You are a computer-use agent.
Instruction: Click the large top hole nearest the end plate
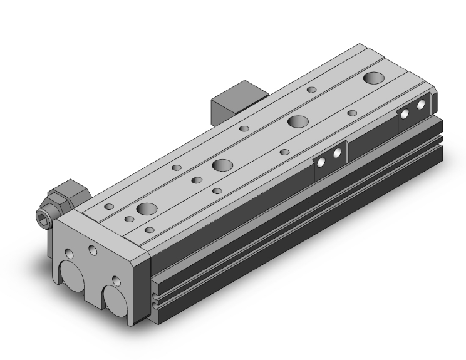pyautogui.click(x=148, y=210)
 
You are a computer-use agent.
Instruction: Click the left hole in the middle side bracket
pyautogui.click(x=322, y=162)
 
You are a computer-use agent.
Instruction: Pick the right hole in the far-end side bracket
pyautogui.click(x=421, y=104)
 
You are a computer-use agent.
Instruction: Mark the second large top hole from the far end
pyautogui.click(x=297, y=121)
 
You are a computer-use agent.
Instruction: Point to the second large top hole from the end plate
pyautogui.click(x=221, y=165)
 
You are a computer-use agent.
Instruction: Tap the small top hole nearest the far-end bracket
pyautogui.click(x=352, y=113)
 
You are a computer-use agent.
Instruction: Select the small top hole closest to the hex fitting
pyautogui.click(x=109, y=206)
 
